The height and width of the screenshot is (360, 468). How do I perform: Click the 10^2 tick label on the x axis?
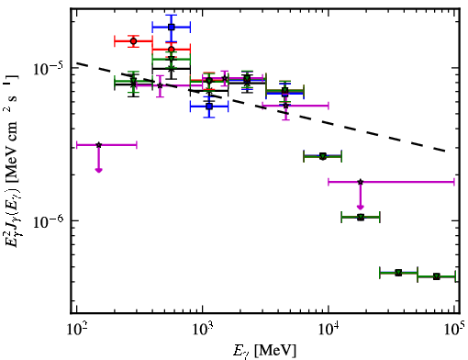coord(76,330)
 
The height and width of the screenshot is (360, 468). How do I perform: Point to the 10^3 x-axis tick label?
coord(203,330)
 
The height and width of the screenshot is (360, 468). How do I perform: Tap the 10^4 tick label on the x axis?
coord(329,330)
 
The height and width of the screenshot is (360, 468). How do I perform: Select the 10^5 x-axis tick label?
coord(455,330)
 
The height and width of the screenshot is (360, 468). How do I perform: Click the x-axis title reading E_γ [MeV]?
coord(264,351)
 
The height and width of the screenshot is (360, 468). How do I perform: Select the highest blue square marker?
coord(172,27)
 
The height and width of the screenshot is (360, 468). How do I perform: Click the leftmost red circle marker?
coord(133,41)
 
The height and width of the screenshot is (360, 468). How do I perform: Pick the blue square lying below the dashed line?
coord(209,107)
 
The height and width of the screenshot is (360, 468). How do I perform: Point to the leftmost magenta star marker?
coord(98,145)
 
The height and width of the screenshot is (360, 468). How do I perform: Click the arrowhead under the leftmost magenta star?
coord(98,170)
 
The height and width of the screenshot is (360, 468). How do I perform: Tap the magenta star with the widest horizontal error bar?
coord(361,182)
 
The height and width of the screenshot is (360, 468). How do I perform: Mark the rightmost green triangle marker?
coord(437,276)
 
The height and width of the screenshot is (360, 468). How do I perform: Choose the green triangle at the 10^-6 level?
coord(361,218)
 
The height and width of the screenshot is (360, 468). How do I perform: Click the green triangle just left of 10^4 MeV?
coord(323,156)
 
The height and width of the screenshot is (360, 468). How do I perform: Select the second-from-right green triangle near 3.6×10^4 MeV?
coord(398,273)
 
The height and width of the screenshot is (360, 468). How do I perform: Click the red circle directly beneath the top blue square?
coord(172,50)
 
